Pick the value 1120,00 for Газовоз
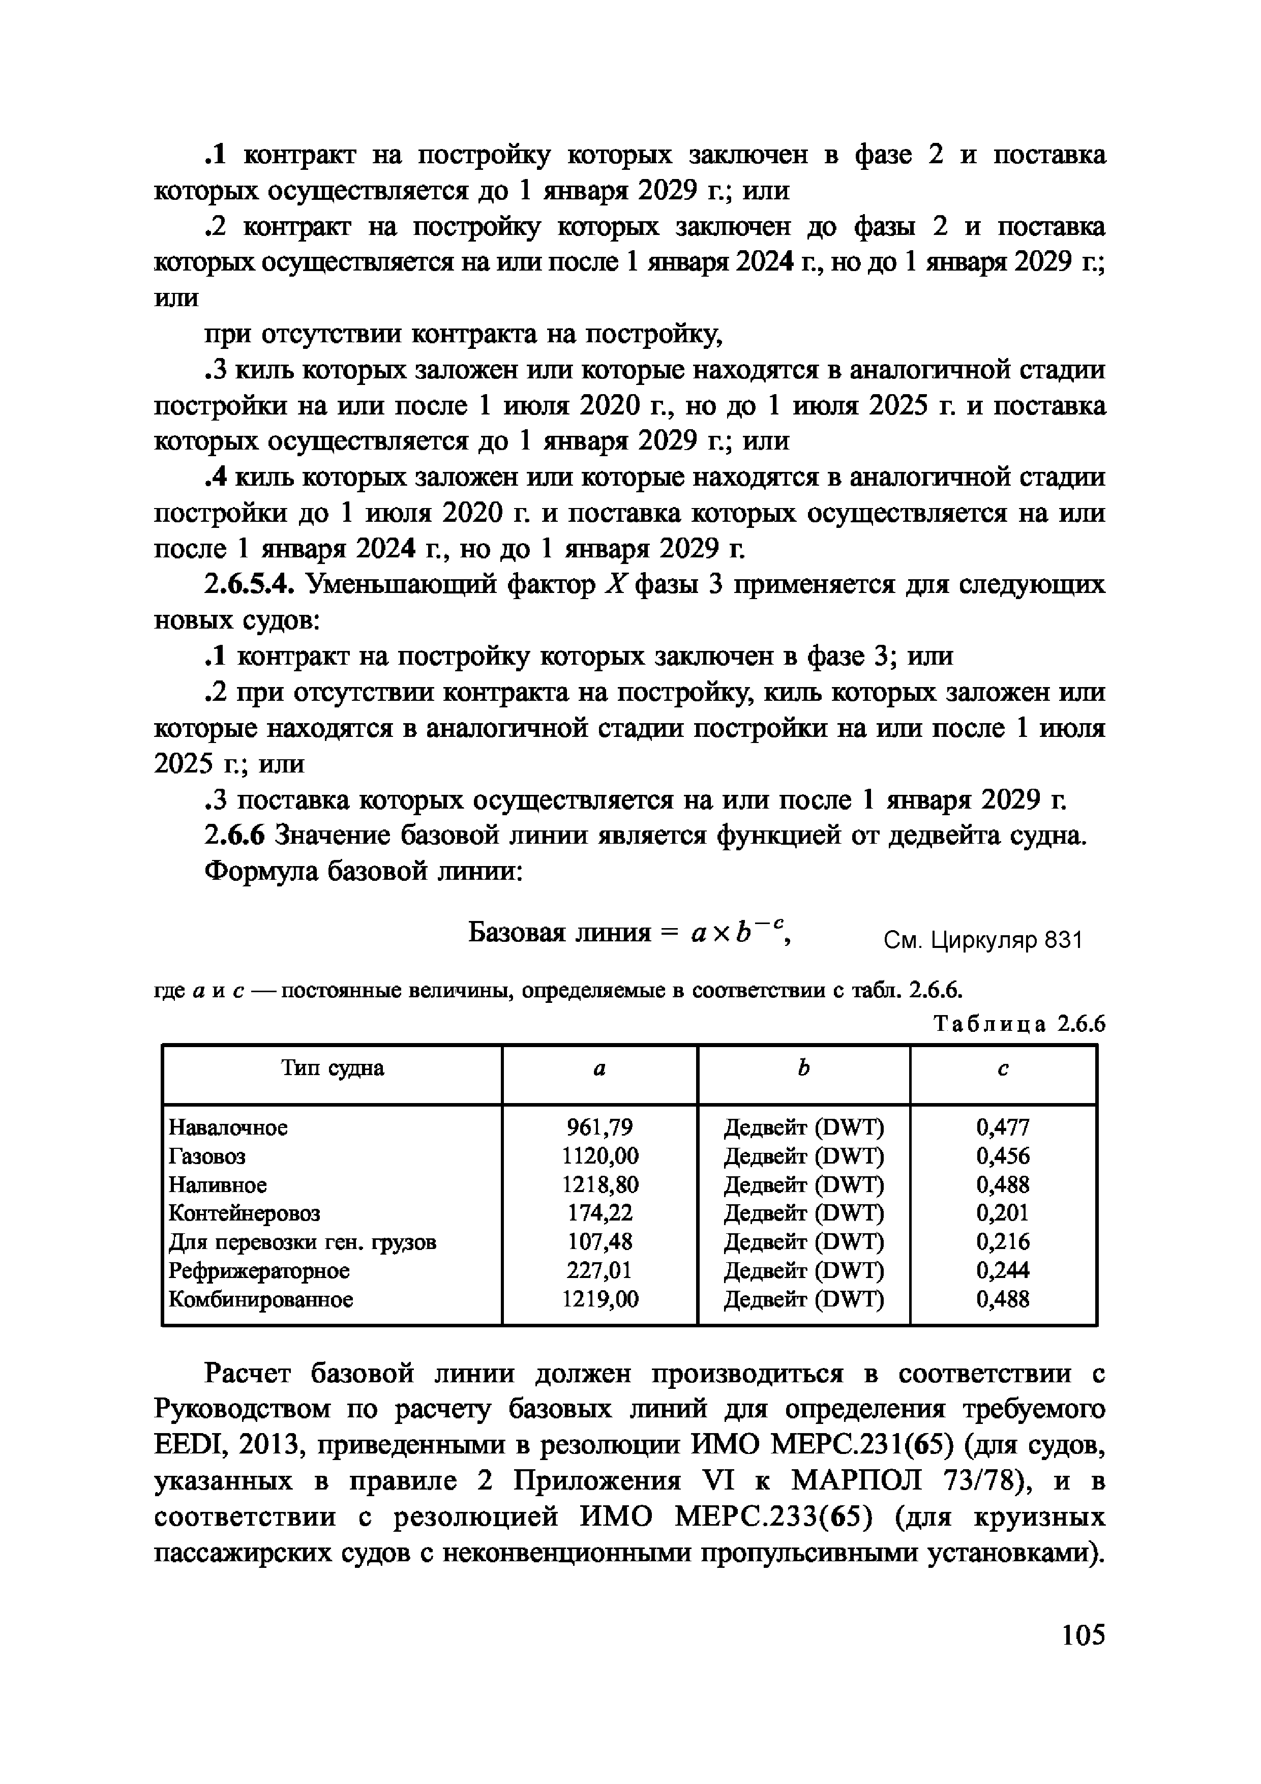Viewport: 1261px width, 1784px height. [599, 1156]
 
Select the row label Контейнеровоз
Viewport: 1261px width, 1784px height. [244, 1213]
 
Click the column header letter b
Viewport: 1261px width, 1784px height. [803, 1069]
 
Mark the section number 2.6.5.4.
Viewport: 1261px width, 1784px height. [249, 584]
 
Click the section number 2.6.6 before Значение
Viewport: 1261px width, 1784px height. [234, 836]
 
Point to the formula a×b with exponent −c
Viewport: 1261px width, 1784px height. [738, 931]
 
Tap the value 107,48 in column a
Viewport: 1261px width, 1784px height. [599, 1242]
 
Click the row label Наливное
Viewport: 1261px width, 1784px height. [218, 1185]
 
